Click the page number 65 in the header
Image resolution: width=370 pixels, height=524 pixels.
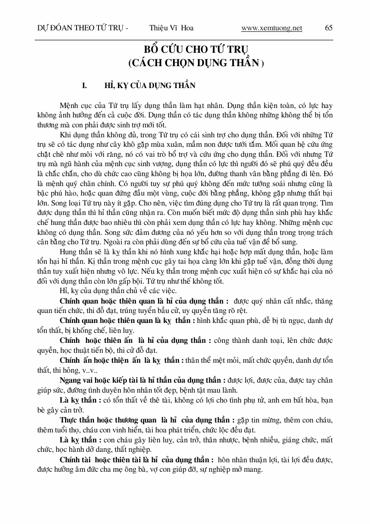(329, 28)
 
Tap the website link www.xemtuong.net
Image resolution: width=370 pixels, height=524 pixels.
(272, 28)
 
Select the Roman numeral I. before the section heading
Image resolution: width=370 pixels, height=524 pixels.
(85, 86)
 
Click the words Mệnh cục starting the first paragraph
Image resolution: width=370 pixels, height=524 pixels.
(73, 106)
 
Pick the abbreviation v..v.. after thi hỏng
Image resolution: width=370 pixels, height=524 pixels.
(90, 371)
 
